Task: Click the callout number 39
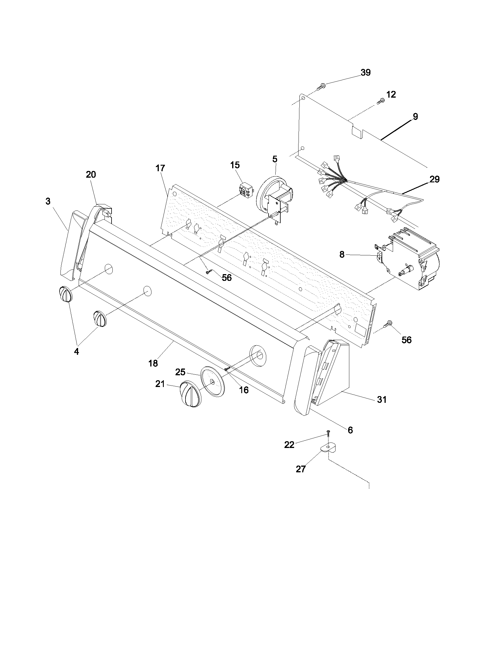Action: pyautogui.click(x=365, y=73)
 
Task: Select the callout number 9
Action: pyautogui.click(x=415, y=117)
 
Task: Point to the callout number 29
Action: pyautogui.click(x=434, y=179)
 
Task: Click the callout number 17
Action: pyautogui.click(x=160, y=168)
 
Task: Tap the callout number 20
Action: pyautogui.click(x=91, y=174)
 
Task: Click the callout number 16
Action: pyautogui.click(x=244, y=390)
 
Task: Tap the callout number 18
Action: pyautogui.click(x=153, y=363)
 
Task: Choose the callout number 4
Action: pyautogui.click(x=76, y=352)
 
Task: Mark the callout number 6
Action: pyautogui.click(x=350, y=430)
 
